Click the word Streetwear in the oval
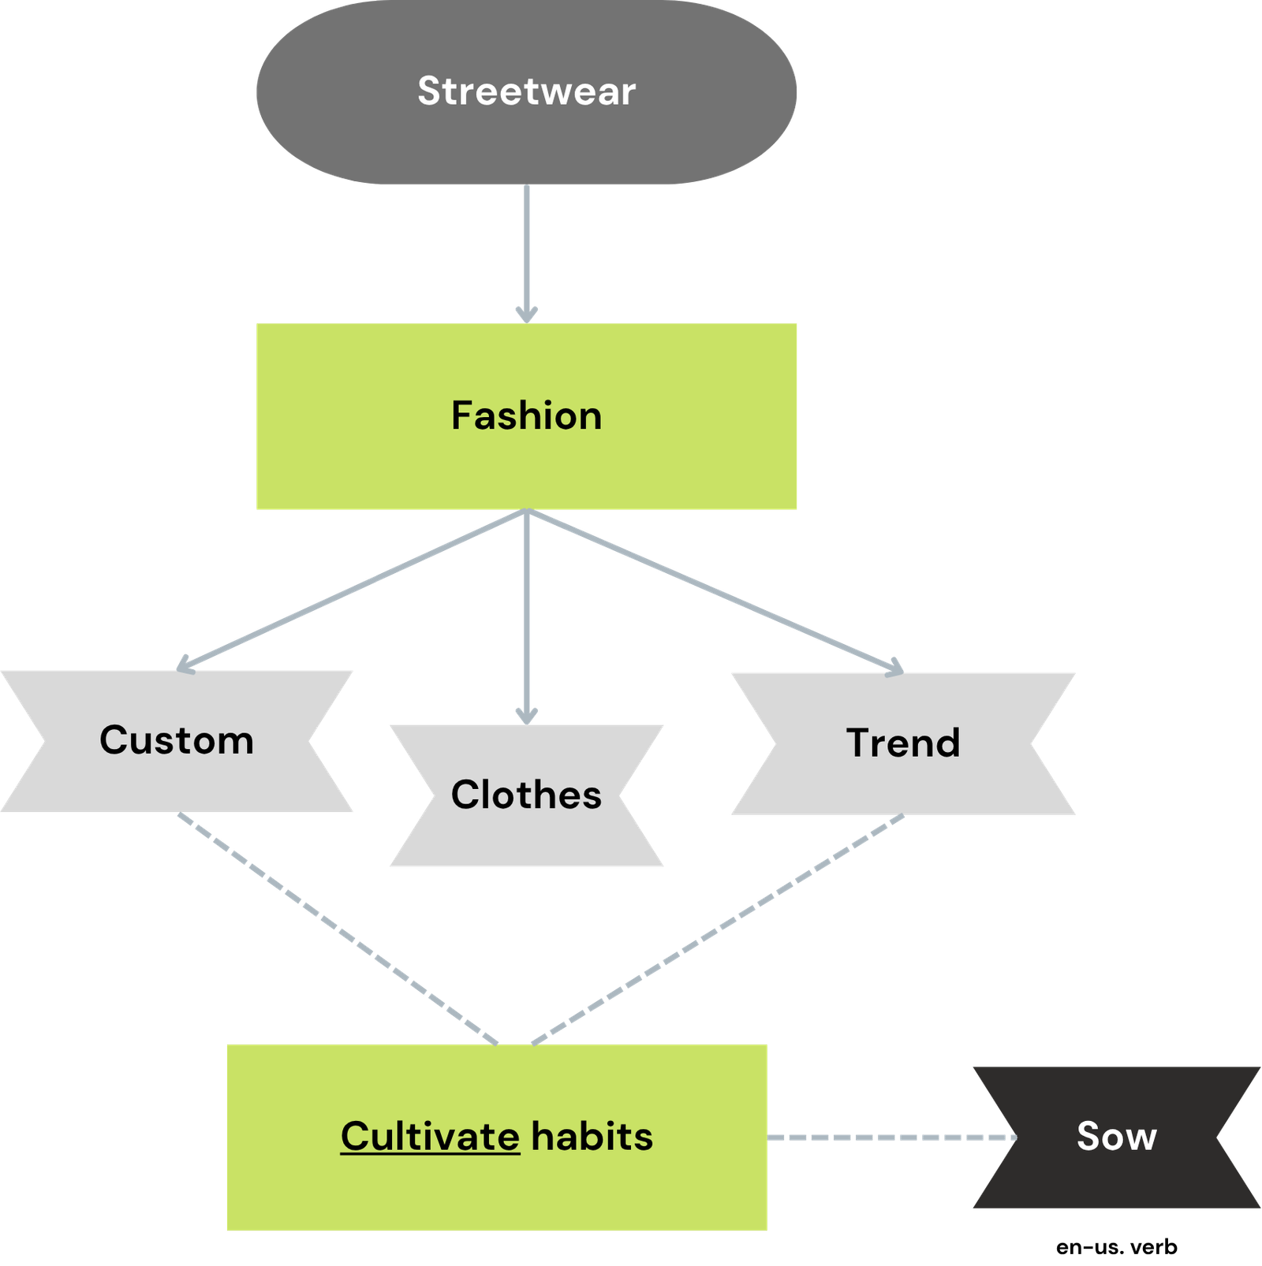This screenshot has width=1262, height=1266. (x=526, y=91)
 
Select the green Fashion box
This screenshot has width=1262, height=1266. (x=526, y=457)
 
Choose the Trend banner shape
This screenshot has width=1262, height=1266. (x=903, y=780)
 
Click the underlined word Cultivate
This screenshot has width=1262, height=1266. (x=430, y=1137)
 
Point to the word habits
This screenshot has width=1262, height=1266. (x=592, y=1137)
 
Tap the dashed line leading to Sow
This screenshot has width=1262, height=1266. (x=891, y=1138)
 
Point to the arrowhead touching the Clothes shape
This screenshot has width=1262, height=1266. (x=526, y=715)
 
